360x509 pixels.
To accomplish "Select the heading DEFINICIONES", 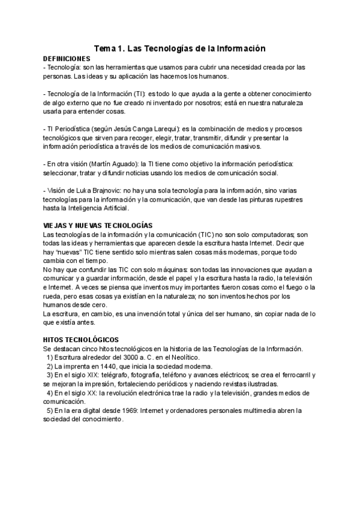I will tap(67, 59).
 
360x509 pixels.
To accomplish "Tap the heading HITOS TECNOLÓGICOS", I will tap(81, 340).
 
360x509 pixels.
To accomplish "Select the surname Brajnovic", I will tap(104, 190).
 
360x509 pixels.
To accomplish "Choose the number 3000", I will tap(112, 357).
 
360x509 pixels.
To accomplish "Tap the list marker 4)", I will tap(49, 393).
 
